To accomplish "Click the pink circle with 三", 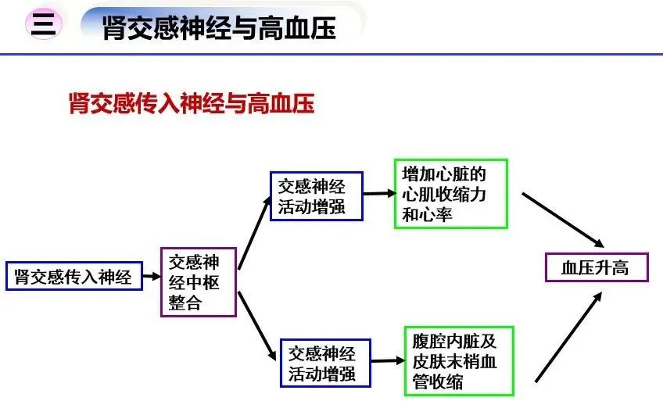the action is coord(44,23).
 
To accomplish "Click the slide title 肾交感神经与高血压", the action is coord(219,28).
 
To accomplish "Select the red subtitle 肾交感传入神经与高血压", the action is coord(192,103).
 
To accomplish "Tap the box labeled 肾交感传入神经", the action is coord(74,277).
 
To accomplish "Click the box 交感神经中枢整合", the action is coord(199,282).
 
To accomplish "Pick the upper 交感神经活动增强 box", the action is coord(317,196).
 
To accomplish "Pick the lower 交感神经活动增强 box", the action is coord(325,363).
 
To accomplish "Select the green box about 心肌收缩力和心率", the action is coord(451,194).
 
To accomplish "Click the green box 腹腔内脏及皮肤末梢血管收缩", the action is coord(459,361).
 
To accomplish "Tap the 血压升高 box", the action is coord(597,267).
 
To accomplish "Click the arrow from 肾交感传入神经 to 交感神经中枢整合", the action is coord(152,277).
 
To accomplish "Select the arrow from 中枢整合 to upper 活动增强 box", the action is coord(254,233).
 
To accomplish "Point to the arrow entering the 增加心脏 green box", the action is coord(379,194).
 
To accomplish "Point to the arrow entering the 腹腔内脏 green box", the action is coord(388,360).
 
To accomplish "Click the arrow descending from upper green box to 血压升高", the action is coord(563,220).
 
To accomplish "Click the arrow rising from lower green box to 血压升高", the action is coord(568,337).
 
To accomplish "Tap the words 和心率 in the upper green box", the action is coord(427,215).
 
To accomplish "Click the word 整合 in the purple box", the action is coord(185,303).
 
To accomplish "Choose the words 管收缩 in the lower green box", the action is coord(438,381).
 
